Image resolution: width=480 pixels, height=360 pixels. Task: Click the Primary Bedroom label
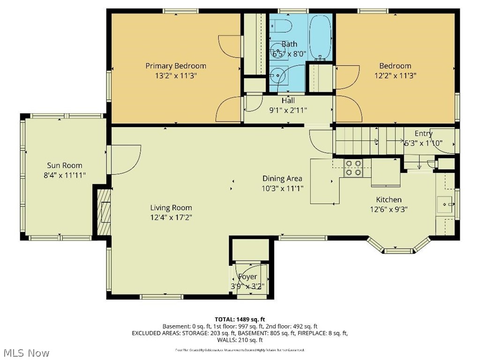coord(175,66)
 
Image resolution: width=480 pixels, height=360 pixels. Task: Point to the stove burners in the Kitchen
coord(353,168)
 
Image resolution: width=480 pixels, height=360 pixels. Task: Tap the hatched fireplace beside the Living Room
coord(103,211)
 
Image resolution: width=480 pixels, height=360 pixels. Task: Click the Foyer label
coord(247,277)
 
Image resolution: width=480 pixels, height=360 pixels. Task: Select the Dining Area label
coord(282,179)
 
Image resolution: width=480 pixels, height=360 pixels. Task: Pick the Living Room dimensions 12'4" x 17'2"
coord(171,217)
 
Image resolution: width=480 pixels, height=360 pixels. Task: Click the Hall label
coord(288,101)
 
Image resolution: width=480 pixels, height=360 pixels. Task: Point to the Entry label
coord(423,134)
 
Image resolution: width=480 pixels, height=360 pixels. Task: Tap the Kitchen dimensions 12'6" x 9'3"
coord(388,210)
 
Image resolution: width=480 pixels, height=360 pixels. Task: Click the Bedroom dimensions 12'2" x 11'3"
coord(395,75)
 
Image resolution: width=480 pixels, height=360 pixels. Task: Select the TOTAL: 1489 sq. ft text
coord(240,319)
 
